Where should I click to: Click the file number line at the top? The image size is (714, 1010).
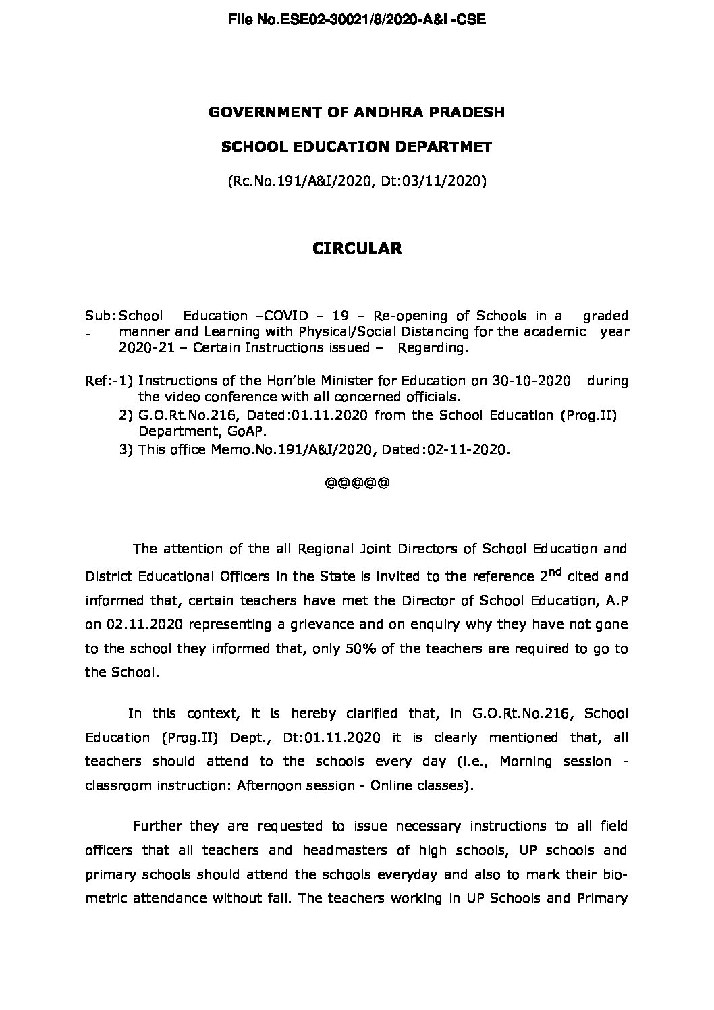(x=357, y=20)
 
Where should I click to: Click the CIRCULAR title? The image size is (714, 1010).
(x=357, y=249)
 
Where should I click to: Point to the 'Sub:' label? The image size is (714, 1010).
(x=100, y=316)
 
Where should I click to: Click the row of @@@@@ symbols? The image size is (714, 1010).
(x=357, y=483)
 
